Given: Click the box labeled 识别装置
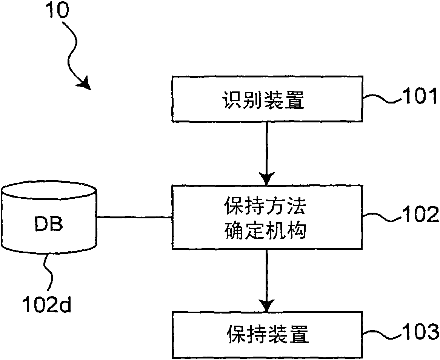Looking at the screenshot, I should click(267, 100).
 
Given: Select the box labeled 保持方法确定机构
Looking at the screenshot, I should click(267, 217).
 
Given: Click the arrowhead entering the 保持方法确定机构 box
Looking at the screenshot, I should click(267, 178).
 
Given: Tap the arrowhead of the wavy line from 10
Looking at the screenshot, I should click(85, 83).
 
